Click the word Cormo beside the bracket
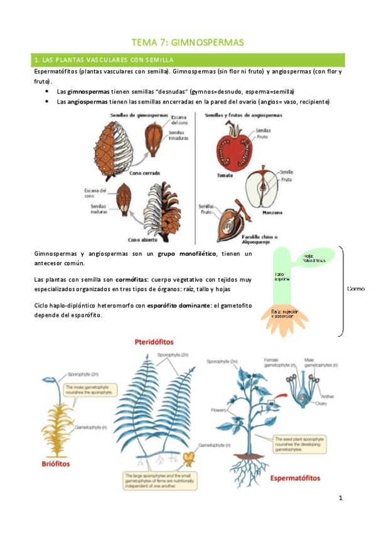coord(355,289)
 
